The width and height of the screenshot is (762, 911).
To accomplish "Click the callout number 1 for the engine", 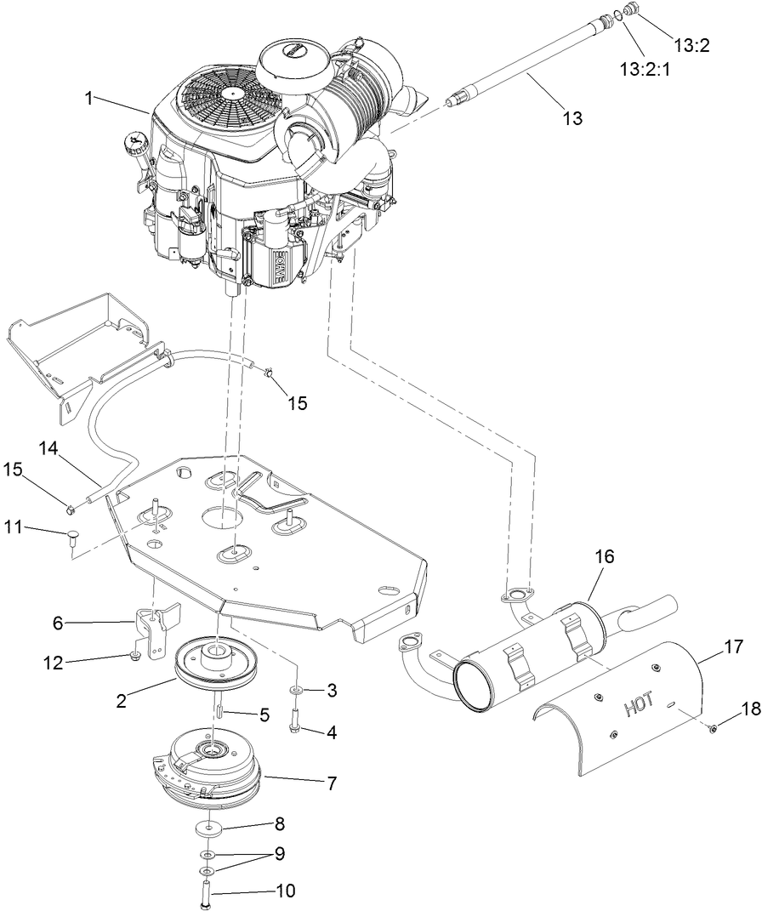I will pos(88,98).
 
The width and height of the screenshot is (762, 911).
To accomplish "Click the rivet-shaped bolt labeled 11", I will pos(71,534).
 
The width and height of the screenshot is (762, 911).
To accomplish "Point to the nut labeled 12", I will pos(135,655).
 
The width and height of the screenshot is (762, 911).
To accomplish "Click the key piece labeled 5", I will pos(217,703).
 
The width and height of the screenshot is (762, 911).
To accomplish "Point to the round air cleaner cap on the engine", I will pos(294,59).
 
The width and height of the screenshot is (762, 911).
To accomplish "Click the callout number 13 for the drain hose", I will pos(574,118).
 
